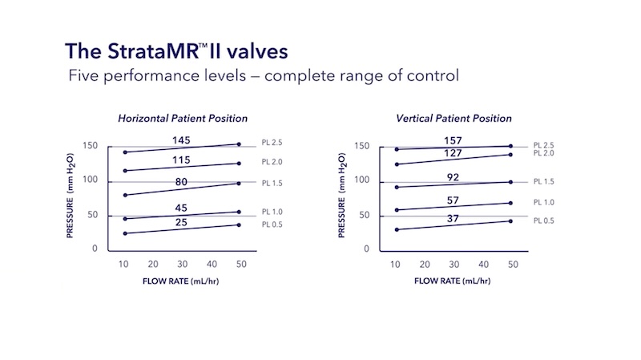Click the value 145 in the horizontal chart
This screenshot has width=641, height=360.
click(181, 141)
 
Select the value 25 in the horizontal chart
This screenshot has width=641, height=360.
click(181, 222)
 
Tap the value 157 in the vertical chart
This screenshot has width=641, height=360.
click(454, 141)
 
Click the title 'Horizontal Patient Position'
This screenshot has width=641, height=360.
click(183, 119)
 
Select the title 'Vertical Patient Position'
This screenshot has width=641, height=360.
click(454, 119)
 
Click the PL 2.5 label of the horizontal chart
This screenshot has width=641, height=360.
click(272, 143)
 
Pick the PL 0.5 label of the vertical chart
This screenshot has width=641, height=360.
click(544, 221)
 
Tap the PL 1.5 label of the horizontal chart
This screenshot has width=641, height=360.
click(272, 183)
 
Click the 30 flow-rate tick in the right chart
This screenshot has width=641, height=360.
click(454, 265)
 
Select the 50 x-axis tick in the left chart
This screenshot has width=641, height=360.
click(241, 265)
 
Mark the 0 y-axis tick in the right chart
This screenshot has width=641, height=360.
click(366, 249)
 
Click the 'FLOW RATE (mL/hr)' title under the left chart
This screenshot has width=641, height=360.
click(183, 281)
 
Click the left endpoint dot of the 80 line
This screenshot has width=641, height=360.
click(125, 195)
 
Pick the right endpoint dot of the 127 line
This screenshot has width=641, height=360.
click(510, 154)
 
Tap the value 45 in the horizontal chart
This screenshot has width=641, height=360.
click(181, 208)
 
